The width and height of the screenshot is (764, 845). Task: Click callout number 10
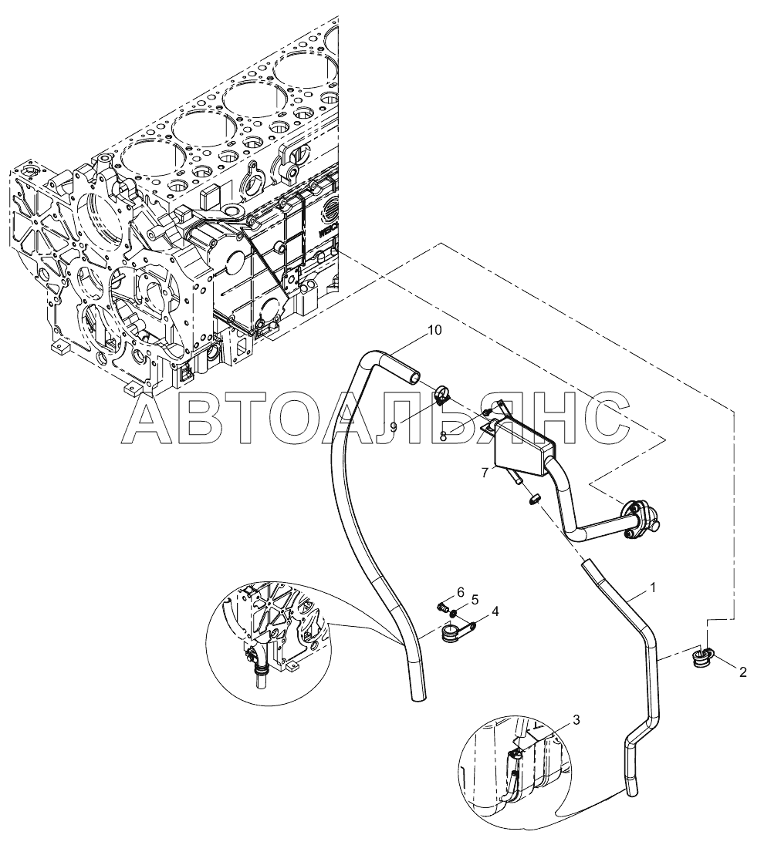point(434,330)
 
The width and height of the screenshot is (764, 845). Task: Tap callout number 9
point(394,427)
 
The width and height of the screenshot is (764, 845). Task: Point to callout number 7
point(485,472)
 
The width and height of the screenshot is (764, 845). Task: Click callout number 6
point(460,592)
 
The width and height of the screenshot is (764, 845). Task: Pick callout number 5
point(475,599)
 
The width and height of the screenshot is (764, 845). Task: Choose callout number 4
point(494,611)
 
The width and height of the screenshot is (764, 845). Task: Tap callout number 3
point(576,719)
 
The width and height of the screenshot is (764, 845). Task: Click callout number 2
point(742,672)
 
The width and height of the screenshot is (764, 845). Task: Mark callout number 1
point(653,588)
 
